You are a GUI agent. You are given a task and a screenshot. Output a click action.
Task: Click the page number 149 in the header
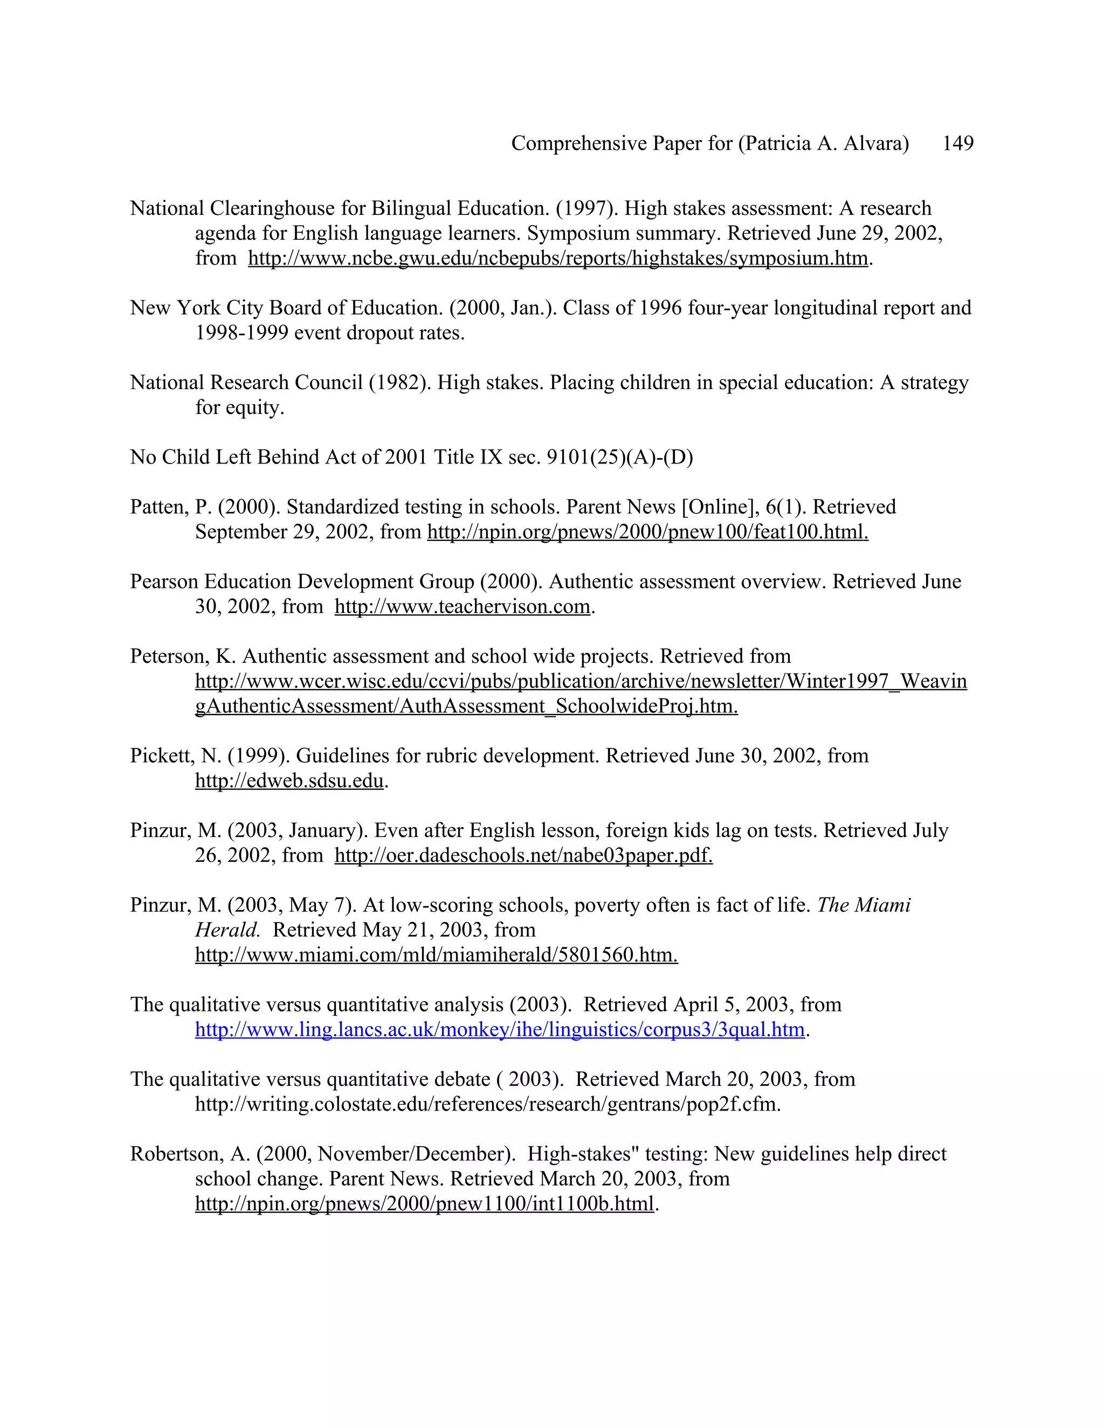coord(957,143)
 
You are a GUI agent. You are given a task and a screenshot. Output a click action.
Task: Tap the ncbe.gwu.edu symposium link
coord(558,258)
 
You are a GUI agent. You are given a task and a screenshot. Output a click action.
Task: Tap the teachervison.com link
coord(463,607)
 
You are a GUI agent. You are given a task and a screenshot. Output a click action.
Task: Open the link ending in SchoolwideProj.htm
coord(466,706)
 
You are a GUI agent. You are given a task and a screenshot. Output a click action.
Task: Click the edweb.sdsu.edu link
coord(289,781)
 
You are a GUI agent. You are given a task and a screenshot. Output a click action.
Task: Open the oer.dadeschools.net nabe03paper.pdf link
coord(523,855)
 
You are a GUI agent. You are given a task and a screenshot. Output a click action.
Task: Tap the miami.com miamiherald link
coord(436,955)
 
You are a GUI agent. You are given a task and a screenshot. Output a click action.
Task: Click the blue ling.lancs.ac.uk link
coord(500,1030)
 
